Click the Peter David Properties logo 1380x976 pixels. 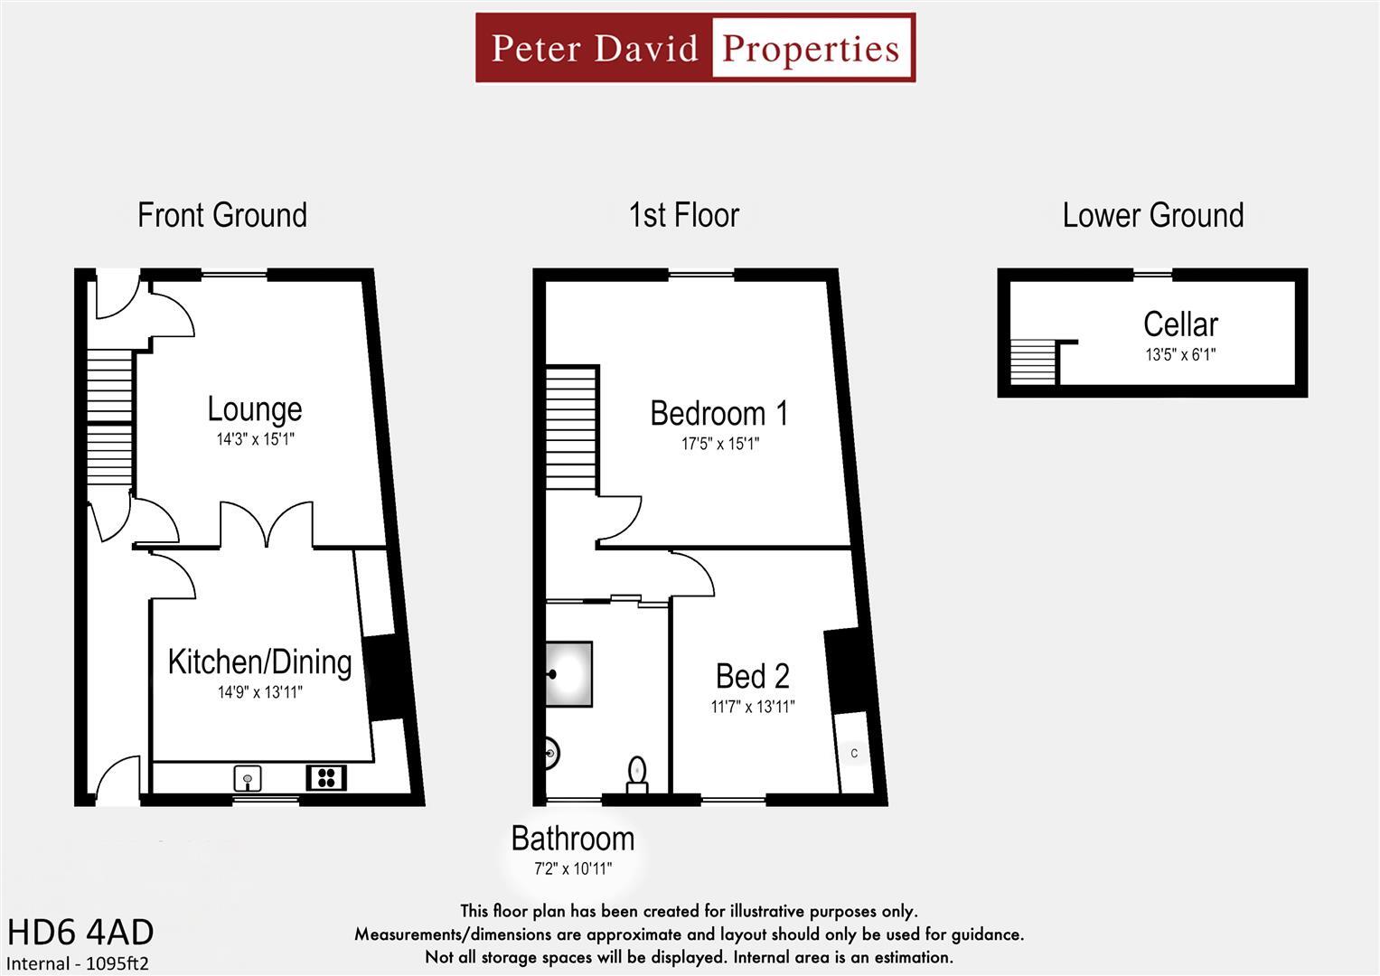695,48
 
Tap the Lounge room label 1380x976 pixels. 255,409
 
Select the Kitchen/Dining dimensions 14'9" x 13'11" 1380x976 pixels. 259,693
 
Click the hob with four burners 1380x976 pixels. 326,776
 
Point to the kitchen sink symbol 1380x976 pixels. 247,776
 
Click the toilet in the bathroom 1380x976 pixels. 638,774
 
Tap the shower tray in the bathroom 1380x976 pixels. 568,673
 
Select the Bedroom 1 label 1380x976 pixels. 719,414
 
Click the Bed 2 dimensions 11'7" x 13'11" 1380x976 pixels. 753,707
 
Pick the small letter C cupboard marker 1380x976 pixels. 854,753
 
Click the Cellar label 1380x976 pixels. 1180,324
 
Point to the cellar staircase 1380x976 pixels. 1033,361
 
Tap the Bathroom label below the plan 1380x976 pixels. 573,839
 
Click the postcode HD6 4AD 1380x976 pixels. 80,932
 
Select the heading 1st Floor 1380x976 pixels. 684,215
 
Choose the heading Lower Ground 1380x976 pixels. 1153,215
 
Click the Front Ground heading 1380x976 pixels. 222,215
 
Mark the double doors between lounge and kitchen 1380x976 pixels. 267,527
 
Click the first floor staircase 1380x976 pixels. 571,427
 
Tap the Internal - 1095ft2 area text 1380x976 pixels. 78,963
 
